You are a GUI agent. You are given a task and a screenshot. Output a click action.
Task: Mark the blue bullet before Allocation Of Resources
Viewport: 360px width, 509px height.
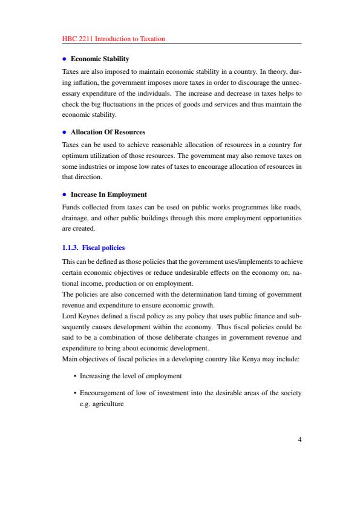click(x=64, y=131)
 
